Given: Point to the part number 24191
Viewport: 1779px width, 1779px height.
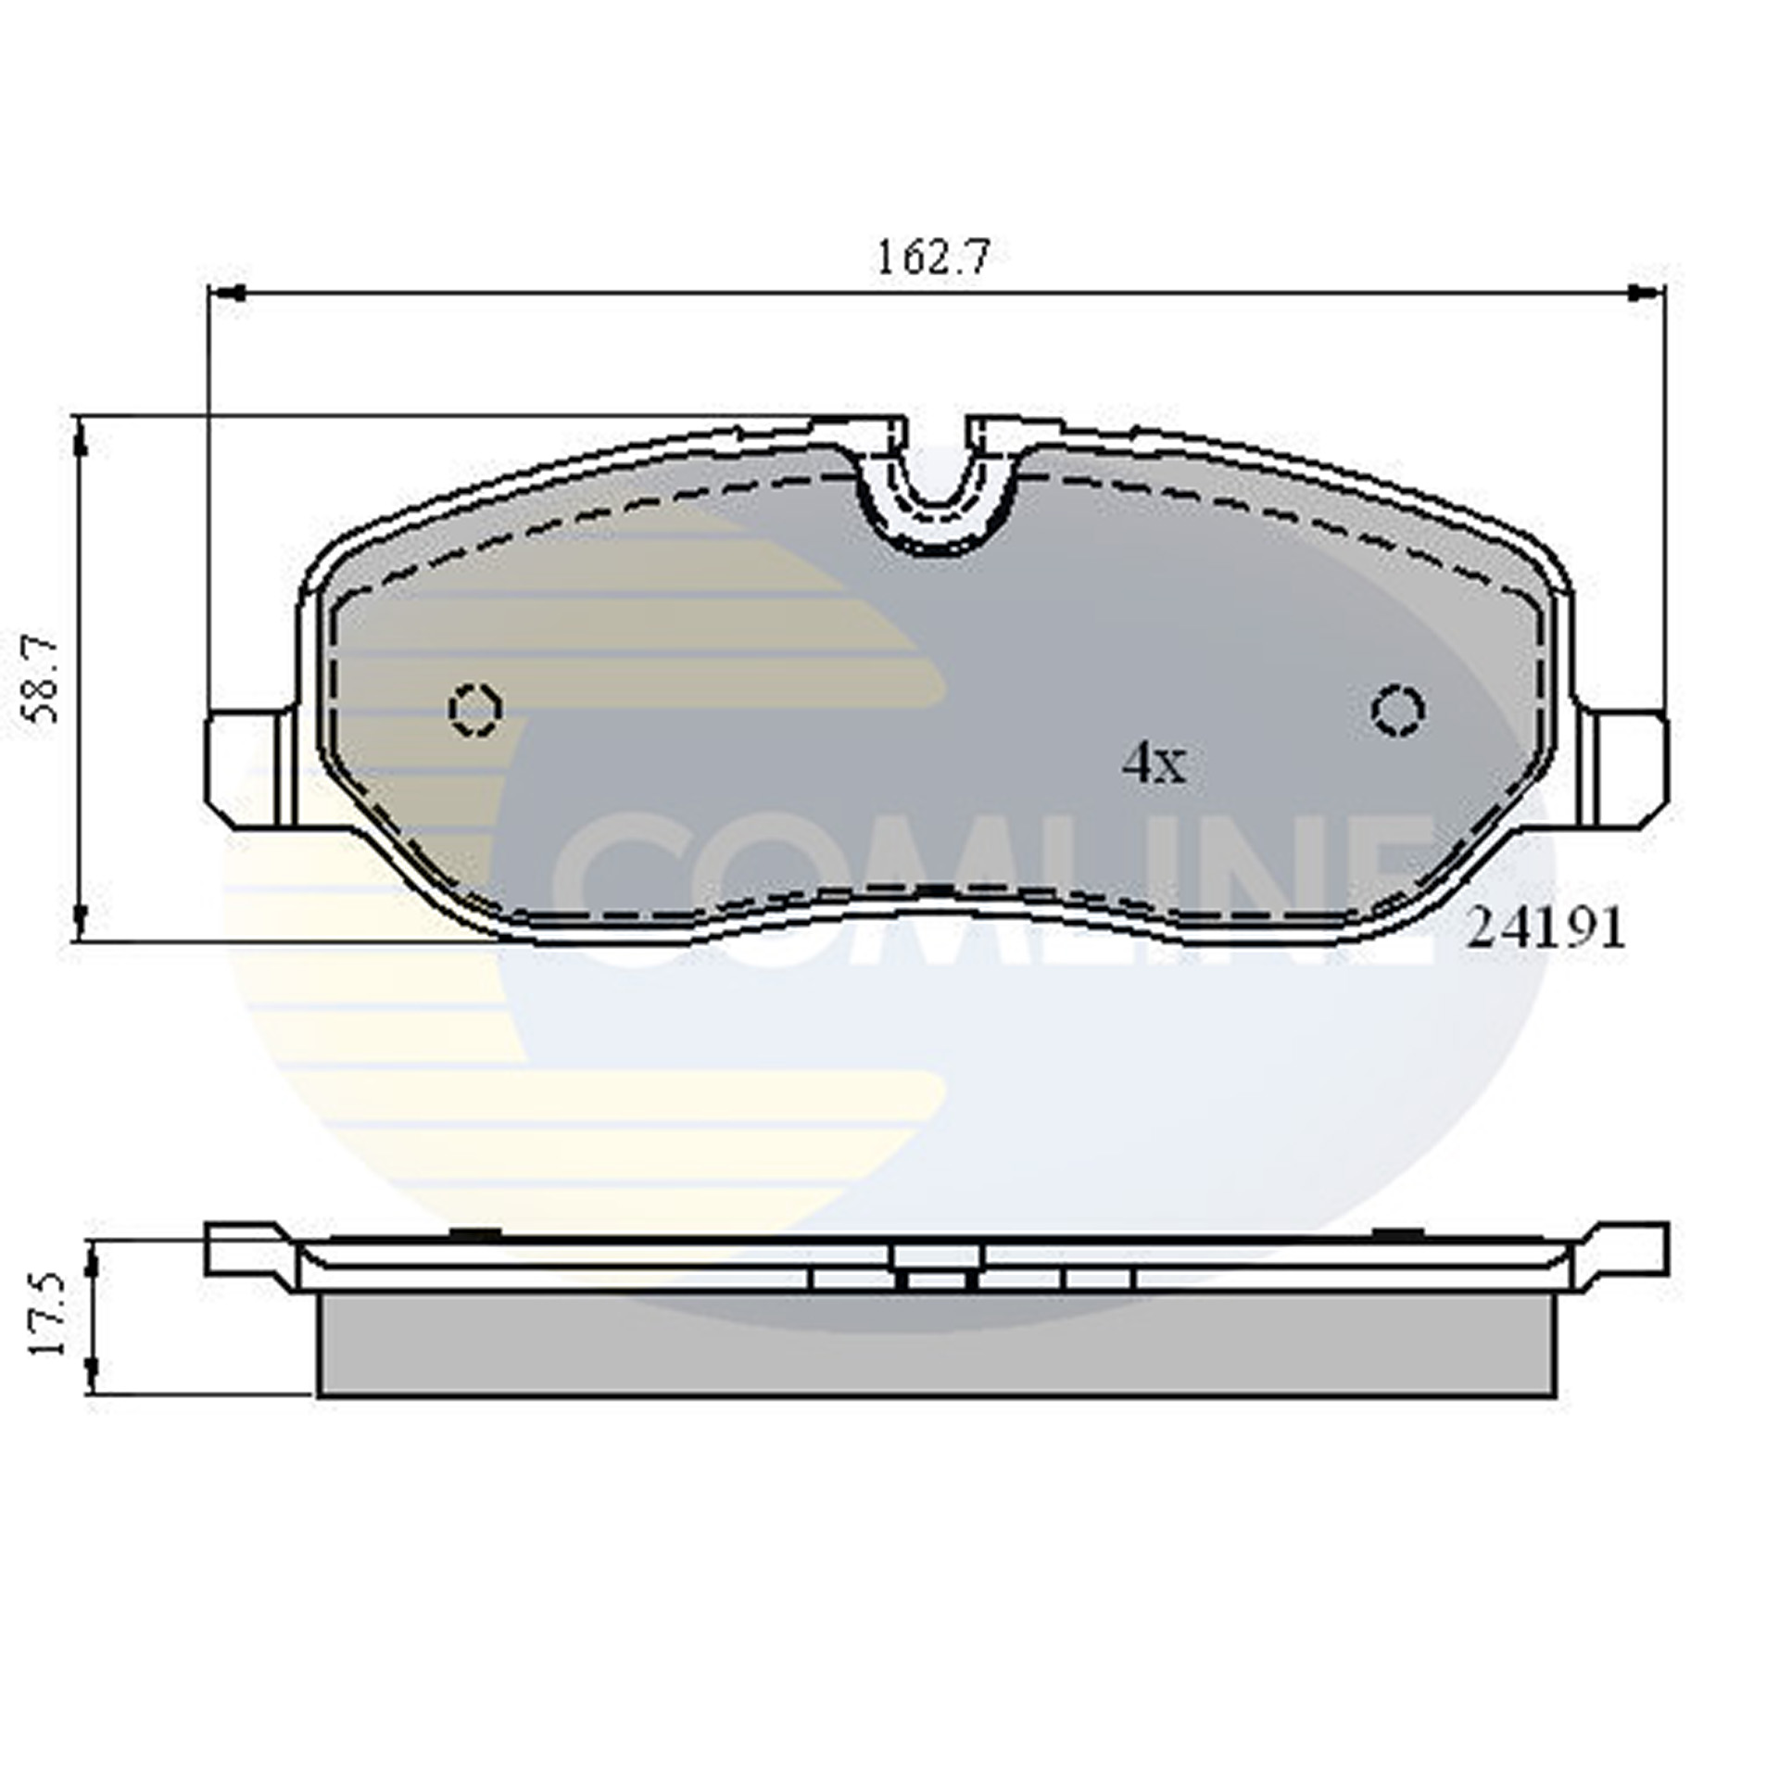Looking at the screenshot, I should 1546,928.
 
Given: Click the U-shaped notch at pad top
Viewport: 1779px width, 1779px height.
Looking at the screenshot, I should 937,482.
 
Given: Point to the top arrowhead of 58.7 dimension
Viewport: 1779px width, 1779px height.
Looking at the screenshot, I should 82,440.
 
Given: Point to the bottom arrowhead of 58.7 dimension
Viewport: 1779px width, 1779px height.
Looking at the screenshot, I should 82,917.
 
